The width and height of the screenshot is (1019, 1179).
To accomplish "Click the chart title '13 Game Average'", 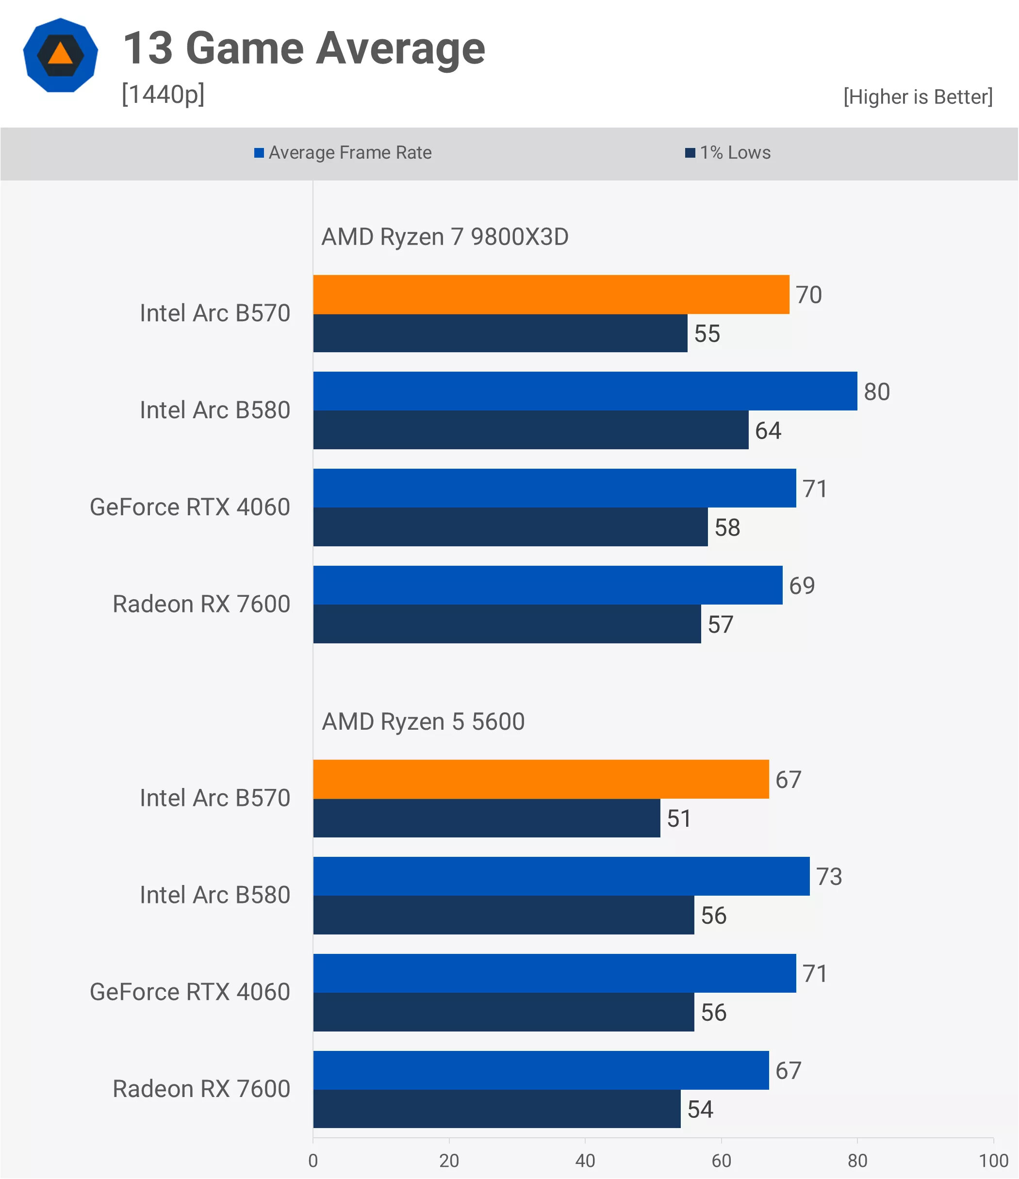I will (x=304, y=49).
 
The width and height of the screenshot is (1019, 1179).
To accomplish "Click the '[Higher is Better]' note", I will (x=918, y=97).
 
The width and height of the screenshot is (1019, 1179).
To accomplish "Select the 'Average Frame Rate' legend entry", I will (x=343, y=152).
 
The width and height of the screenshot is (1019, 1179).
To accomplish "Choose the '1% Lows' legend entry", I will (x=728, y=152).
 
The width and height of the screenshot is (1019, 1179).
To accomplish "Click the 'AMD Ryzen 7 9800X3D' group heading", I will (x=444, y=237).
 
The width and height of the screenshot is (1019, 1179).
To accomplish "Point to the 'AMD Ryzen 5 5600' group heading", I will (x=423, y=721).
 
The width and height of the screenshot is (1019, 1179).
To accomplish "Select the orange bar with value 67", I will (x=541, y=779).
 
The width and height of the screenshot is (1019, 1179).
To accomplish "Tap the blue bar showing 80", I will (x=585, y=391).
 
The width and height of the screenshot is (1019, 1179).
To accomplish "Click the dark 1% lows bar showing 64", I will (x=530, y=430).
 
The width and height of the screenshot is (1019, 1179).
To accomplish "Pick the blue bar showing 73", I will (x=561, y=876).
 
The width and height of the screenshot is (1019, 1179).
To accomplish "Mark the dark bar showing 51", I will (x=487, y=818).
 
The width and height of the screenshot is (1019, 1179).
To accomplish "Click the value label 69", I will (x=802, y=586).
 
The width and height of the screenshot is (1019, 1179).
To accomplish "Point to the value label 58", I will (x=727, y=527).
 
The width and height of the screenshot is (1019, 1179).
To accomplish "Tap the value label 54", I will (x=700, y=1109).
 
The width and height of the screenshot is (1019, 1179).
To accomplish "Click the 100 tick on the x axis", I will (x=993, y=1161).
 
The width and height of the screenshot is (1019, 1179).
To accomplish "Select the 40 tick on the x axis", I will (x=585, y=1161).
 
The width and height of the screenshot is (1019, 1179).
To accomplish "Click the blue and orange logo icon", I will (x=60, y=55).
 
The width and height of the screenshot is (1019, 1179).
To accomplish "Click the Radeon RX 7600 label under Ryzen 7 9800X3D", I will (x=201, y=604).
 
